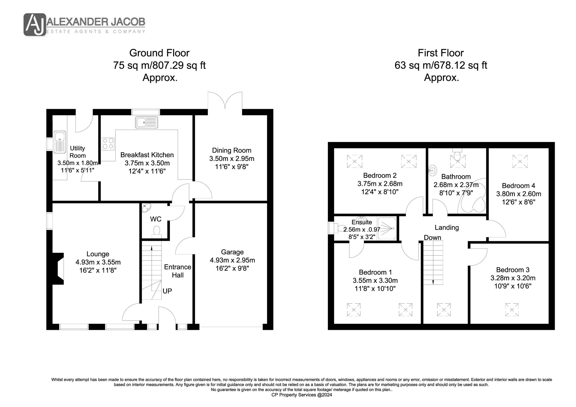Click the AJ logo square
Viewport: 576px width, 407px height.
click(x=35, y=24)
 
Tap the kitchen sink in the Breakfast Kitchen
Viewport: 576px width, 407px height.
click(x=146, y=123)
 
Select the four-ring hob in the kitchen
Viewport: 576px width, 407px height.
click(x=108, y=144)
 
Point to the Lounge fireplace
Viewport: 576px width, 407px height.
click(x=58, y=269)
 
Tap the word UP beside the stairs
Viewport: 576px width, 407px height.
click(x=167, y=291)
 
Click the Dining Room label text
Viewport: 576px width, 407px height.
click(x=232, y=150)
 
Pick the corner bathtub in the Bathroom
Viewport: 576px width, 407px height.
click(x=472, y=196)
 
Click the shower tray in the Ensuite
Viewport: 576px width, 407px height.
click(x=387, y=228)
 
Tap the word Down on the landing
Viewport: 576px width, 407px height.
click(x=433, y=238)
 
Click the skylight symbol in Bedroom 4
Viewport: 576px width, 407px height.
click(x=520, y=161)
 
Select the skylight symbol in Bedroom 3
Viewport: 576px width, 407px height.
click(x=512, y=310)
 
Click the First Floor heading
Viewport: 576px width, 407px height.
click(x=441, y=53)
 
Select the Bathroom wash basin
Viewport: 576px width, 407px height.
click(x=432, y=170)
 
